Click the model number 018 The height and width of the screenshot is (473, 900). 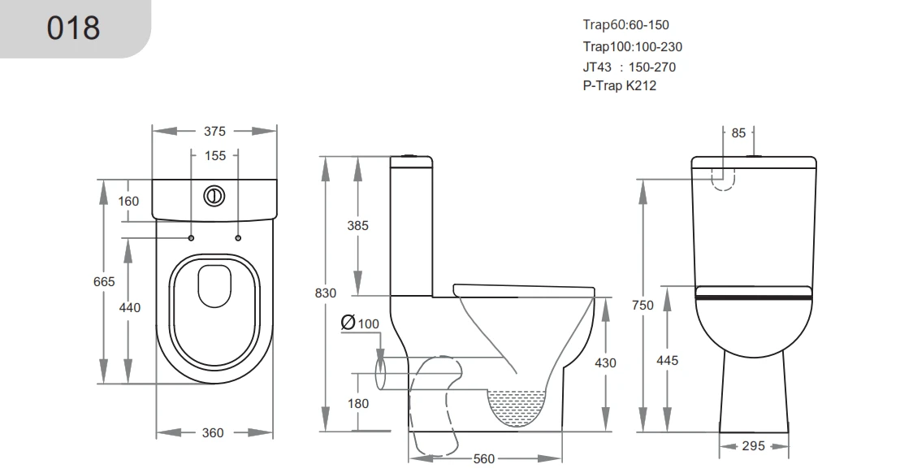tap(73, 28)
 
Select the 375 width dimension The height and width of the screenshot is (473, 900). tap(215, 131)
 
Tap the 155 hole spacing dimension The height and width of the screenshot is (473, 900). tap(214, 155)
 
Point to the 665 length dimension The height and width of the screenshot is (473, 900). tap(105, 281)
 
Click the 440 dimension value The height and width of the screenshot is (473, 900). tap(130, 308)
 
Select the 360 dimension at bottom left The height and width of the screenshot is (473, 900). tap(213, 433)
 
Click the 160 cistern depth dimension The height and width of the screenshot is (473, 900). tap(128, 201)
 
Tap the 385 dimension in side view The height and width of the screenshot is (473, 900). tap(357, 226)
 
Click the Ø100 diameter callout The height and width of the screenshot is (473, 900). tap(361, 323)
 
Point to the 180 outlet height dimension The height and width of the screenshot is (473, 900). tap(357, 403)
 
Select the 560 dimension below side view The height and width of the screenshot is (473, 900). tap(484, 459)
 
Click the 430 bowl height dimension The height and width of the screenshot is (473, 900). tap(605, 363)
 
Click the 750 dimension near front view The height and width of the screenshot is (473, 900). tap(643, 305)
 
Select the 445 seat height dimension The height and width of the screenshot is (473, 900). tap(668, 360)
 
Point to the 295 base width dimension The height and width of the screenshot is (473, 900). tap(754, 446)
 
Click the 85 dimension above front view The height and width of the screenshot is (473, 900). tap(738, 133)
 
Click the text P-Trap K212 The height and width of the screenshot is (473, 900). tap(619, 85)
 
